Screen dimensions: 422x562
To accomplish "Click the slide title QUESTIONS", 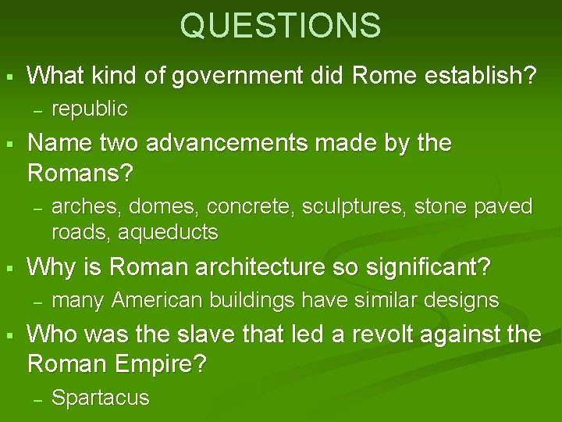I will (280, 25).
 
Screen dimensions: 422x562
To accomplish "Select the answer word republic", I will (89, 108).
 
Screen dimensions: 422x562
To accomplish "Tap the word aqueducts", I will (169, 232).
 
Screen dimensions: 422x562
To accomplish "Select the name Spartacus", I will (100, 398).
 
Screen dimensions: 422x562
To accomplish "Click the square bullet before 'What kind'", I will (9, 77).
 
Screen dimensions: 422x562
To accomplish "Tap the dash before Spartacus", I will (36, 399).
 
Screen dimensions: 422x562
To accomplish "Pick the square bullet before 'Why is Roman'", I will (9, 268).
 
